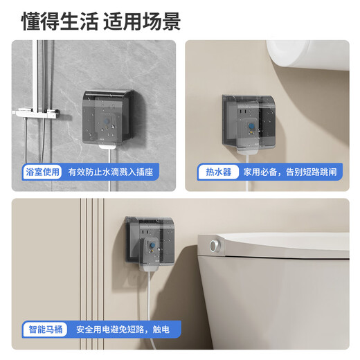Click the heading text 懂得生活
[58, 21]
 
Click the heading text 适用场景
[142, 21]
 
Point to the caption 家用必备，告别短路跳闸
[291, 172]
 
